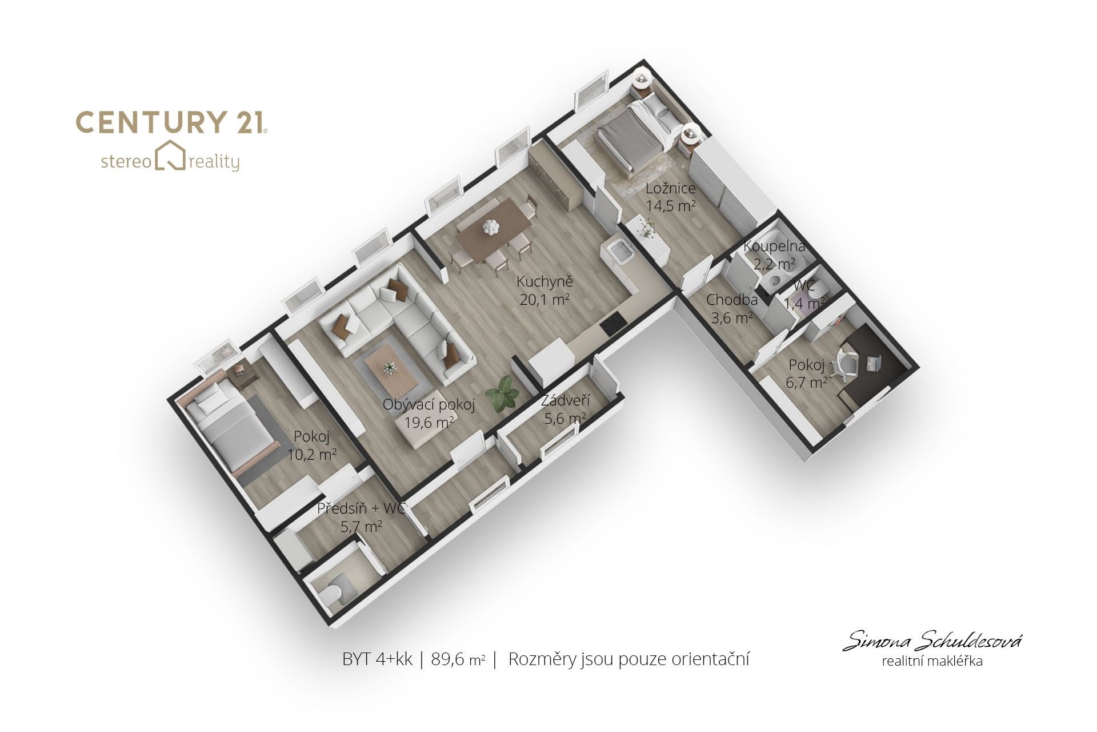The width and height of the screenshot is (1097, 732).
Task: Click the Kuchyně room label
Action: coord(545,281)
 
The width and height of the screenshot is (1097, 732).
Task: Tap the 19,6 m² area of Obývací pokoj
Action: coord(429,423)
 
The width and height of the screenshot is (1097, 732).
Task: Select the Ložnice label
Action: coord(670,189)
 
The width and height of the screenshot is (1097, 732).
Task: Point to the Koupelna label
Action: coord(774,247)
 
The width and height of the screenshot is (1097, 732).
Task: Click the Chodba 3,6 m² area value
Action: coord(732,318)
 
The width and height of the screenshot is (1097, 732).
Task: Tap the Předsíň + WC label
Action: coord(361,508)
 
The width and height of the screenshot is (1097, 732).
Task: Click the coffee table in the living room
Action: coord(389,366)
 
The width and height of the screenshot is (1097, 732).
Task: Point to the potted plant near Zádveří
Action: coord(503,393)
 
